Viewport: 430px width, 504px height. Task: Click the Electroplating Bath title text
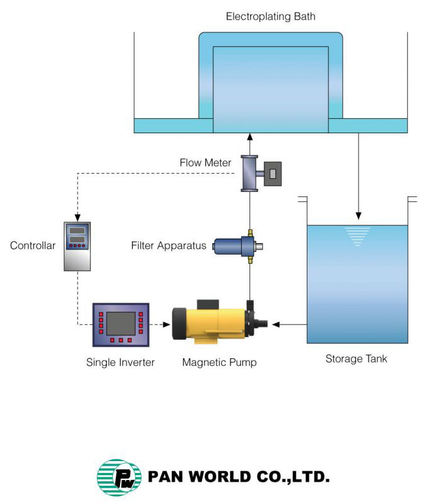point(270,15)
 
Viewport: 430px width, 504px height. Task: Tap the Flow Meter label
point(205,163)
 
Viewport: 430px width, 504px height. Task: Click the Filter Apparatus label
point(169,245)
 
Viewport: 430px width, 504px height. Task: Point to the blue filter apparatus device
point(234,246)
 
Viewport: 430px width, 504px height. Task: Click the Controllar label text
point(33,245)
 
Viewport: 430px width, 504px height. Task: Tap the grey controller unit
point(77,246)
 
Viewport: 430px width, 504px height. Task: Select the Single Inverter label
point(121,362)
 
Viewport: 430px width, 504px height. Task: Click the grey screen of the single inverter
point(120,323)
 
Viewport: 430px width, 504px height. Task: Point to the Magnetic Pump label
point(219,362)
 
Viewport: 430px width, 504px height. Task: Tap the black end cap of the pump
point(178,325)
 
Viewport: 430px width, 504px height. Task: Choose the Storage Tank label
point(356,359)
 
